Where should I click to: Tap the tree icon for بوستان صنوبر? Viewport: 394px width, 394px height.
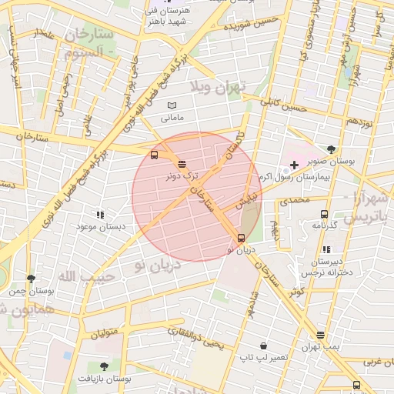331,149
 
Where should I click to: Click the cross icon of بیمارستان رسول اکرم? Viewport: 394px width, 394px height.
294,165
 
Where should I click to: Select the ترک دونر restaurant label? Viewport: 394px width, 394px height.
182,175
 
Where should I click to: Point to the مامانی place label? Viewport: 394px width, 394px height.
172,119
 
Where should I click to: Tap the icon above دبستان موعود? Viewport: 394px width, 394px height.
99,215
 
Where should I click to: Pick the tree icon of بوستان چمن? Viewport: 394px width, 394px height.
31,279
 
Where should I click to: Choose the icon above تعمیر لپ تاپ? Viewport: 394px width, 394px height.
264,346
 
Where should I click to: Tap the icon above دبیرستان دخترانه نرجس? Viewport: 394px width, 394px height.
327,249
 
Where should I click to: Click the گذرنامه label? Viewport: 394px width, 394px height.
324,225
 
